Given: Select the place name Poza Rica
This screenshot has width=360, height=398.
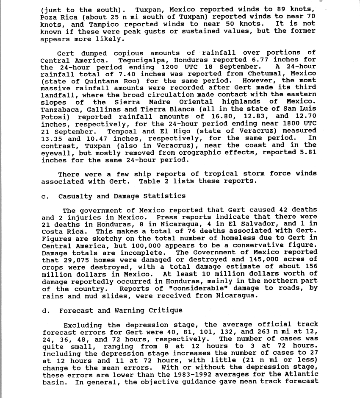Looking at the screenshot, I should [58, 17].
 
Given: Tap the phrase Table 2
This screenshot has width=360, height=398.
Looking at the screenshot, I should [152, 181].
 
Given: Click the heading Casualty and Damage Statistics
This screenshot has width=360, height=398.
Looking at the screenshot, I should [122, 196].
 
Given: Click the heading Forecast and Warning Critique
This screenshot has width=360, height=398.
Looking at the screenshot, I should [121, 311].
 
